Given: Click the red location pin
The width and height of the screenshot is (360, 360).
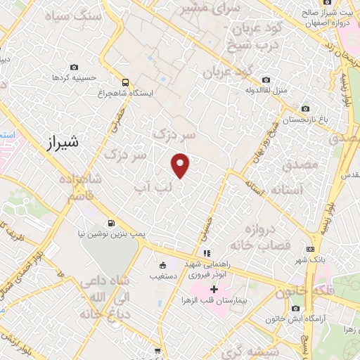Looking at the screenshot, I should [x=181, y=165].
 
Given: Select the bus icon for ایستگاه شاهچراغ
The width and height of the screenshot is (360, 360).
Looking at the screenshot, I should [x=126, y=82].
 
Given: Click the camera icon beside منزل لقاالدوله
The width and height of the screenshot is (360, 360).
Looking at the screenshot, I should [x=266, y=79].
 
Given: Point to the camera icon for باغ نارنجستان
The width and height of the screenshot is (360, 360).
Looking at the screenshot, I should [x=304, y=109].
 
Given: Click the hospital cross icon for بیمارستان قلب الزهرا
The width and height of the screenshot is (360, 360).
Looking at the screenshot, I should [x=214, y=289].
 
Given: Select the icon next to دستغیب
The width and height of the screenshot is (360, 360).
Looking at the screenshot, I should [x=163, y=265].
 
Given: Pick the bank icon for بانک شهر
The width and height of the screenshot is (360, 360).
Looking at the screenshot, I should [x=310, y=249].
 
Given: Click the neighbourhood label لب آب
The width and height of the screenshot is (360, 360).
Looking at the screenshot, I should [x=153, y=188].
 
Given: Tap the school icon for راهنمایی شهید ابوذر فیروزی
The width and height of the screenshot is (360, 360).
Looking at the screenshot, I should [x=205, y=253].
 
